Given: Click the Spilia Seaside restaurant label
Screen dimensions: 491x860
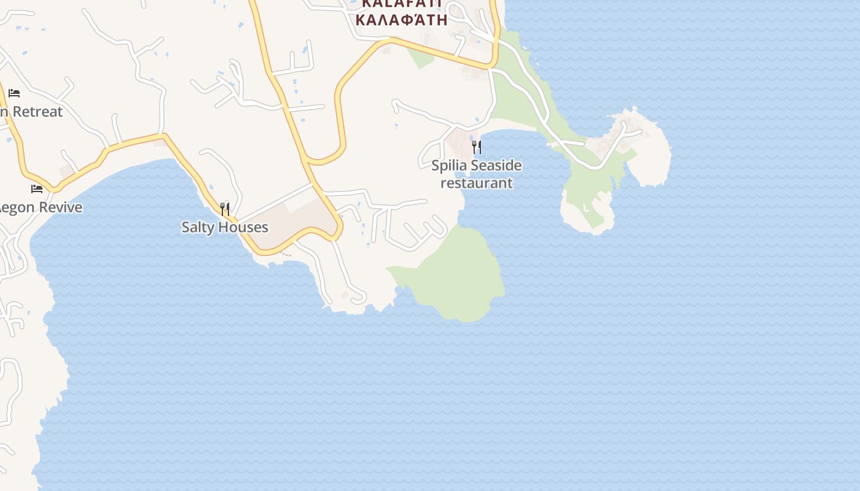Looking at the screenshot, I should [476, 174].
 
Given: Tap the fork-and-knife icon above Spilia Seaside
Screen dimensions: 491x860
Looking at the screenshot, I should [476, 147].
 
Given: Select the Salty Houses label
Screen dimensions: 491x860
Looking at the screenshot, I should [225, 227].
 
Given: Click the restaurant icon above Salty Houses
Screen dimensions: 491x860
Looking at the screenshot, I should [225, 209].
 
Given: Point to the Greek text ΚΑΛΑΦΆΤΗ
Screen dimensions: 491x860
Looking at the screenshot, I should [401, 18].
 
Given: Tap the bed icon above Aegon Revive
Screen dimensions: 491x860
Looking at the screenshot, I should [37, 189].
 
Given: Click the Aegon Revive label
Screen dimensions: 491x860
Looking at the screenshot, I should [41, 207].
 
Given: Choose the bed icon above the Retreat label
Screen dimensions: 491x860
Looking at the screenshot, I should [14, 93].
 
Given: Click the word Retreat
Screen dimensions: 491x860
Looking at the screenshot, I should [37, 112].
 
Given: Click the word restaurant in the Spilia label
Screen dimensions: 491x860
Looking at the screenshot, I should [476, 183].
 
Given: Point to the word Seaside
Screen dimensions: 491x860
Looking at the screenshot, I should [495, 165].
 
